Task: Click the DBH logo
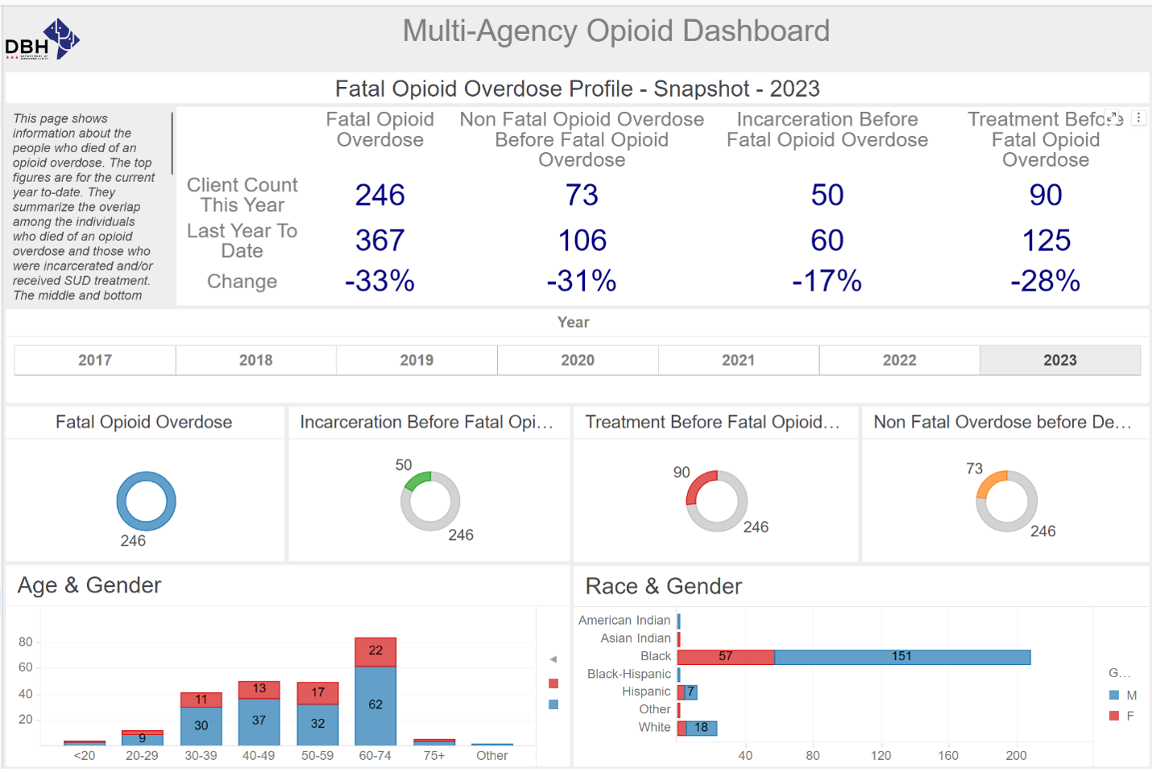point(43,39)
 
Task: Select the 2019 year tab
point(416,360)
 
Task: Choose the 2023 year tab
point(1059,360)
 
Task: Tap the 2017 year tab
point(95,360)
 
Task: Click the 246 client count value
point(379,195)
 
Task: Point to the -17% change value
point(827,281)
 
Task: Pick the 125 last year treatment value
point(1046,240)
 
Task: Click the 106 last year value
point(582,240)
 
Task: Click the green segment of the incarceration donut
point(416,481)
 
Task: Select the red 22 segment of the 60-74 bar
point(375,651)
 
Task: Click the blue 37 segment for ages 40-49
point(259,720)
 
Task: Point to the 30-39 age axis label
point(201,756)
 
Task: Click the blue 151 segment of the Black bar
point(901,657)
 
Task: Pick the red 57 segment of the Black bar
point(725,657)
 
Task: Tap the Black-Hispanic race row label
point(628,674)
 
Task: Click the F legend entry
point(1122,716)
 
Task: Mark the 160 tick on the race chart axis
point(948,756)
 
